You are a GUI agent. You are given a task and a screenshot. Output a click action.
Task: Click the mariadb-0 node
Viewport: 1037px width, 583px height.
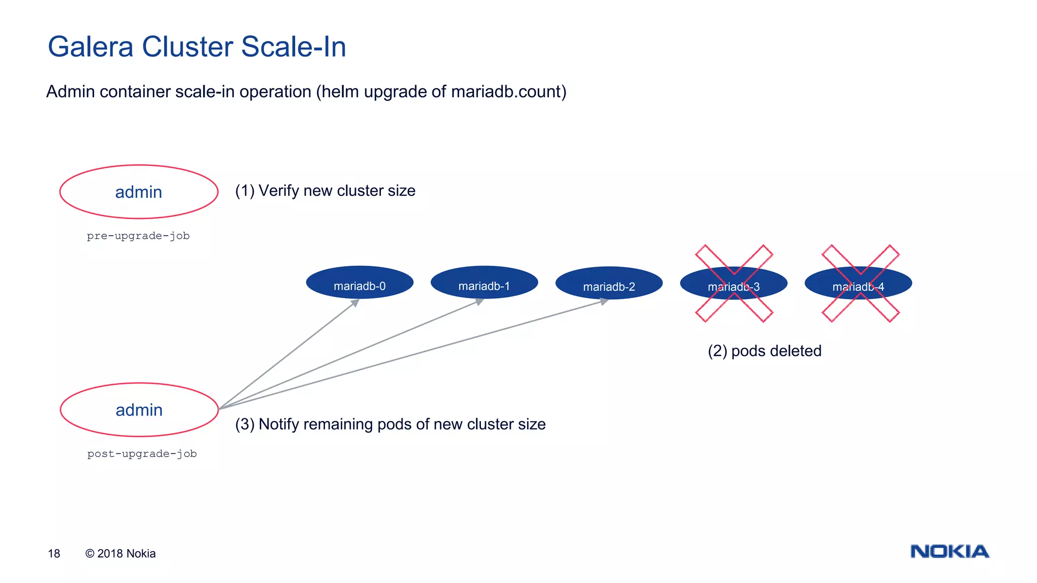point(360,282)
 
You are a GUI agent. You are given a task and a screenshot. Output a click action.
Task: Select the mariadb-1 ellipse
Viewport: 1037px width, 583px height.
point(484,282)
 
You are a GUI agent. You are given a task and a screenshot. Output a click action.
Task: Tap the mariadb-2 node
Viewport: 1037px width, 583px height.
point(609,283)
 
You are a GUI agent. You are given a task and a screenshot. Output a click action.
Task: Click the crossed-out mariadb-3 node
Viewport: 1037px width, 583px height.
point(734,284)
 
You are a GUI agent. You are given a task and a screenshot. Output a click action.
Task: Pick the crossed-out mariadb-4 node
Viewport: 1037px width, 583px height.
point(859,284)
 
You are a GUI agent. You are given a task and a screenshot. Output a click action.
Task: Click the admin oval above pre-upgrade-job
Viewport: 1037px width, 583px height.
point(139,192)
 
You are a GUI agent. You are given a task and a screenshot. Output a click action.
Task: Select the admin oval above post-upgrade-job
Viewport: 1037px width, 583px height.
point(139,409)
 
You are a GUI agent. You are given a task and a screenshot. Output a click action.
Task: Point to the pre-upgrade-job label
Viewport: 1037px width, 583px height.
point(138,236)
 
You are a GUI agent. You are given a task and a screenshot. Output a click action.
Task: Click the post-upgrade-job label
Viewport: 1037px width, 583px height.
point(142,454)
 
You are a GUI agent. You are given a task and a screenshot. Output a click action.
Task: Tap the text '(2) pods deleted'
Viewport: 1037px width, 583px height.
point(765,351)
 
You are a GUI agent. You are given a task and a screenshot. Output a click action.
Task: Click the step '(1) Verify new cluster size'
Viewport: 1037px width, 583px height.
point(325,191)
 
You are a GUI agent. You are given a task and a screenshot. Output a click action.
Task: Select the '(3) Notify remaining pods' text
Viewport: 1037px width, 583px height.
point(390,424)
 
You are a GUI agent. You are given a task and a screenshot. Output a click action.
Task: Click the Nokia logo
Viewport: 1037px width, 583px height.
point(949,551)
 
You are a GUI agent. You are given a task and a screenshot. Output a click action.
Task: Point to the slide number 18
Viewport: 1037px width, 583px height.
point(54,554)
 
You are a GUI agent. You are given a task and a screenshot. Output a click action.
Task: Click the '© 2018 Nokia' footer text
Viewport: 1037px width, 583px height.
point(121,554)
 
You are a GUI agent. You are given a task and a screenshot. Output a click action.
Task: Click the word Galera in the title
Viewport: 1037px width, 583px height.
point(91,47)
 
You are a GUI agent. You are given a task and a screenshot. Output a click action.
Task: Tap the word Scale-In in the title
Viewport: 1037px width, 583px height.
point(294,47)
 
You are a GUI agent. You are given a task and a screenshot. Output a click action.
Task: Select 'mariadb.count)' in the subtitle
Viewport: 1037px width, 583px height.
point(508,92)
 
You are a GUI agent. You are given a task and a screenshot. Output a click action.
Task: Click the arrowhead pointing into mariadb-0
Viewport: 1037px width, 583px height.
point(355,303)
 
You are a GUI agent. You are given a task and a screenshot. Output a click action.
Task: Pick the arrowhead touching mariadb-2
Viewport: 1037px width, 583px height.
point(604,301)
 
